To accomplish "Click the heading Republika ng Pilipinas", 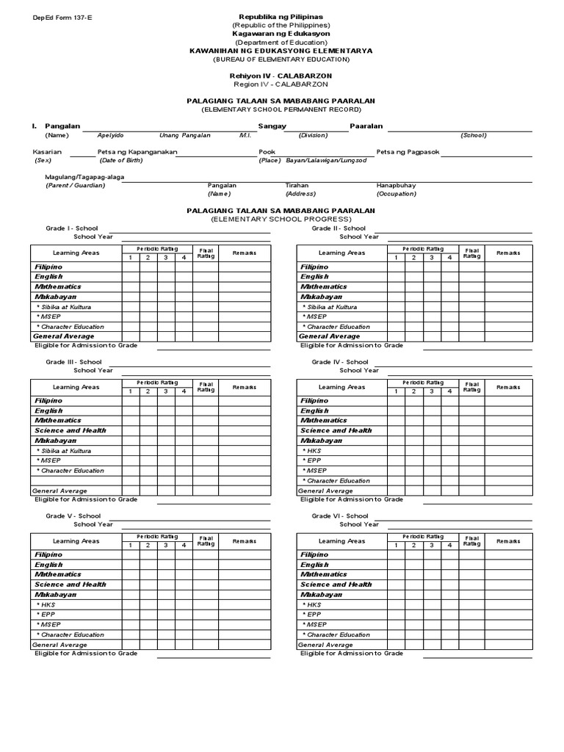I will point(281,16).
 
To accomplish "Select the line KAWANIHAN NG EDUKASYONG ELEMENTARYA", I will point(281,51).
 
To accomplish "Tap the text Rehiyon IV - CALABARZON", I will point(281,76).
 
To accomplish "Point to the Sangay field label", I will point(272,126).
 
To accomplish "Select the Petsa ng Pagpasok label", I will point(408,152).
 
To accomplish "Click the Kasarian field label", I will point(47,152).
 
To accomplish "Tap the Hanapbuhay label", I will point(396,186).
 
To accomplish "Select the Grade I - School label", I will point(72,228).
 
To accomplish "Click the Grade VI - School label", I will point(340,516).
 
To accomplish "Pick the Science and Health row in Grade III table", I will point(70,430).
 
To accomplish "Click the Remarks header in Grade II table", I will point(508,253).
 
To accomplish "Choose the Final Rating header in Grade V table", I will point(206,540).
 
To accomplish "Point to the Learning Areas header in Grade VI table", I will point(341,540).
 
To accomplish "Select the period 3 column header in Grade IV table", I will point(432,391).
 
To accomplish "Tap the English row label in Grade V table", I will point(48,565).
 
